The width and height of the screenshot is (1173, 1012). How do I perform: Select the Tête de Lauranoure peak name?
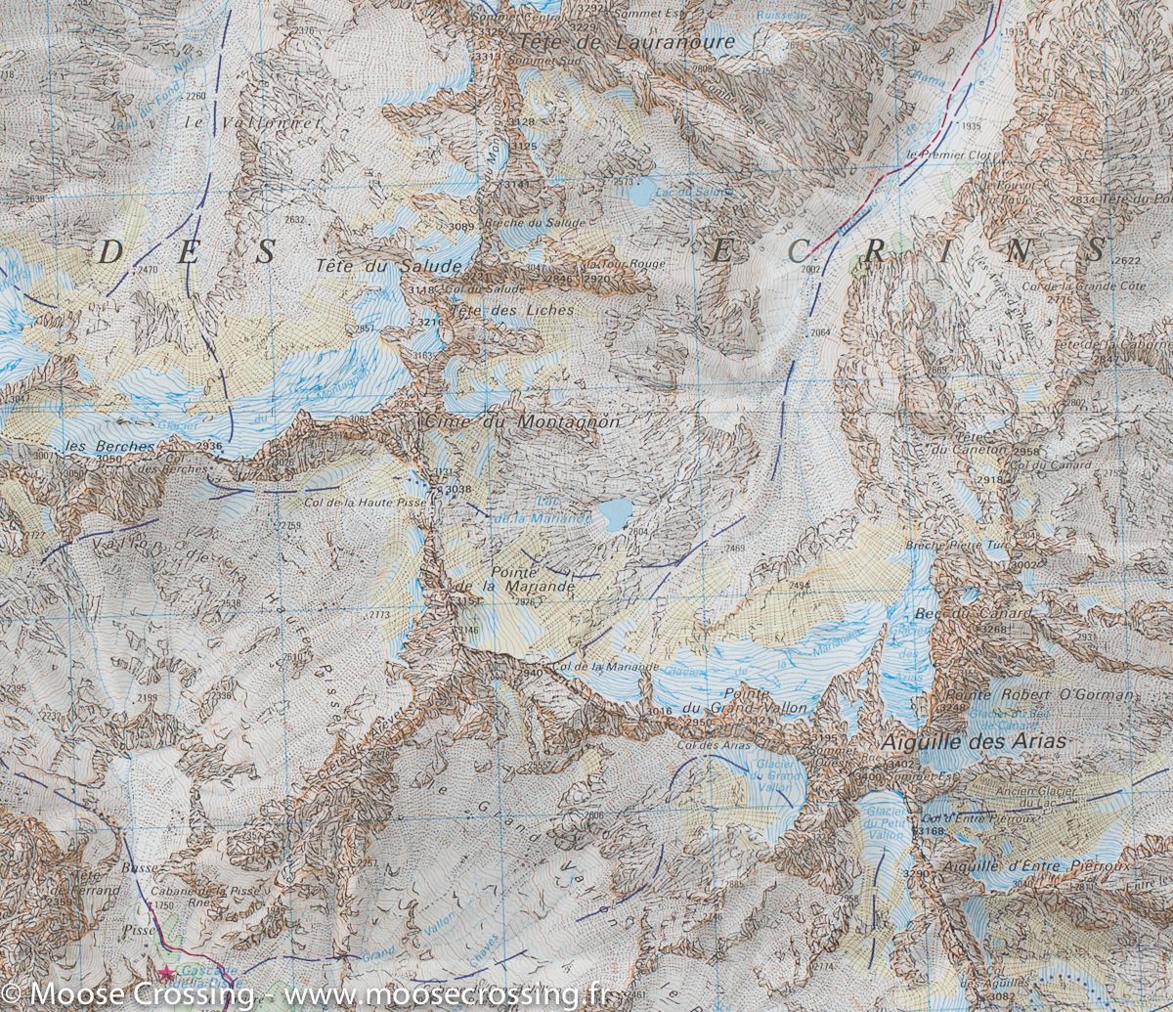point(627,43)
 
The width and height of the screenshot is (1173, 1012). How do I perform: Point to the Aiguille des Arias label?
point(973,742)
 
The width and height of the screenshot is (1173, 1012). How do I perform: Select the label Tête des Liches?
point(512,310)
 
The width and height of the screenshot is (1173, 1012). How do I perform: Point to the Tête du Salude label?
point(388,266)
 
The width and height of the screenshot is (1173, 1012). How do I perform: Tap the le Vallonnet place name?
point(251,123)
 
